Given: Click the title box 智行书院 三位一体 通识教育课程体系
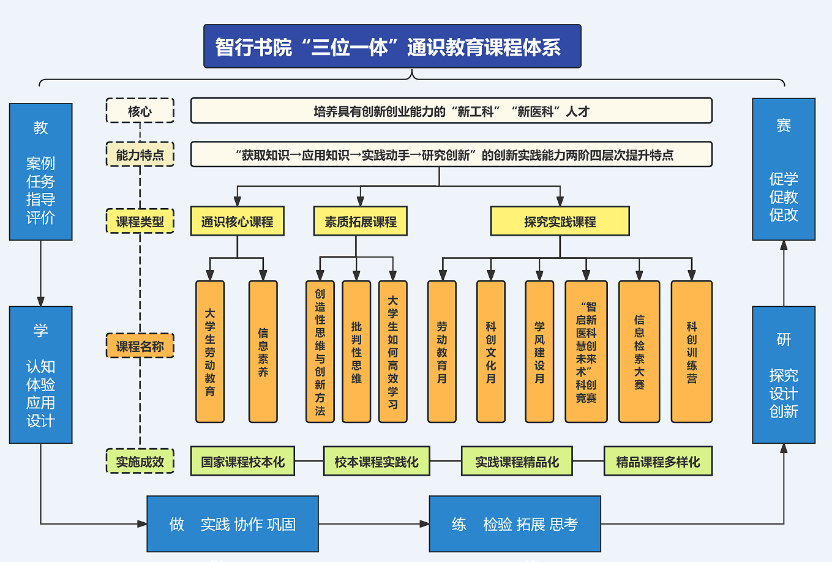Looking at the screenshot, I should pos(392,47).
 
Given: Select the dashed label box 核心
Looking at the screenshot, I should pos(140,111).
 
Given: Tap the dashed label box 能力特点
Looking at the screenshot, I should pos(140,154).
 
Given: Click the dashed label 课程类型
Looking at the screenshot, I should pos(140,221).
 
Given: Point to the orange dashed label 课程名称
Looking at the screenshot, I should pos(140,346).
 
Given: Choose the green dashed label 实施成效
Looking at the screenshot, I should pos(140,462).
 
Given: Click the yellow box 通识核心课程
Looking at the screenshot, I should pos(237,221).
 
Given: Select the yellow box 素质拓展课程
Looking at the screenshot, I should pos(360,221).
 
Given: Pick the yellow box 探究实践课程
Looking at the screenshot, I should pos(560,221).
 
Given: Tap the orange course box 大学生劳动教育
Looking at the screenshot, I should pos(210,352).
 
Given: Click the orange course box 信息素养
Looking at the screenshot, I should pos(263,352).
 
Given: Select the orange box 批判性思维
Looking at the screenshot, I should pos(356,352).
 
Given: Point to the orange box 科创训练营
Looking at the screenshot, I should pos(691,352).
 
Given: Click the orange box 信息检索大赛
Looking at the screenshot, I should pos(639,352).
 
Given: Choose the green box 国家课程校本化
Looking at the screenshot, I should pos(242,462).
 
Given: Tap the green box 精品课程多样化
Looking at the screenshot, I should pos(658,462).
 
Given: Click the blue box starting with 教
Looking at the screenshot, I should pos(41,171).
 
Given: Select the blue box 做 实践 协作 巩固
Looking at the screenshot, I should pos(233,524).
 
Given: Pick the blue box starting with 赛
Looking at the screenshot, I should pos(783,169).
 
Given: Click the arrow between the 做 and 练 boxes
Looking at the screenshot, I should pos(373,524).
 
